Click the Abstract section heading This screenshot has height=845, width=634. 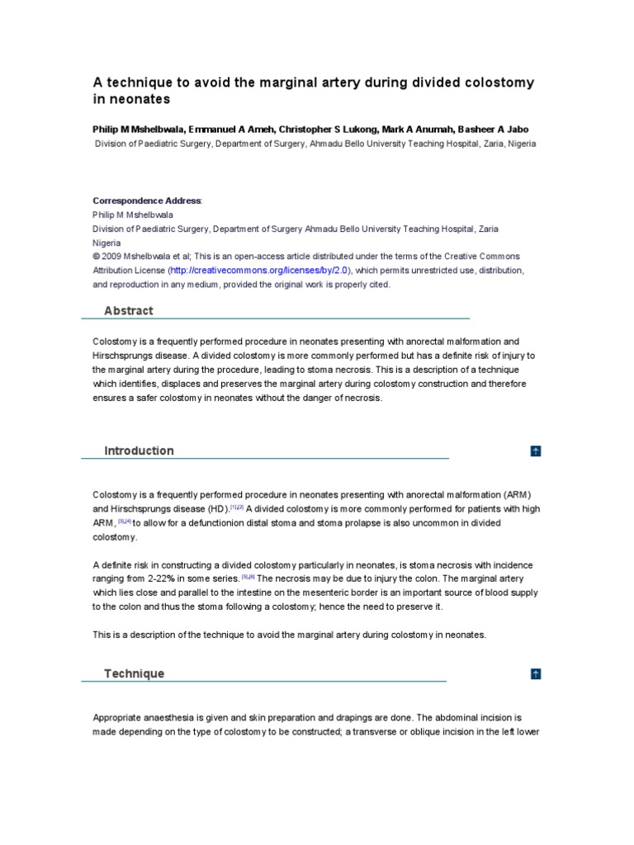tap(128, 311)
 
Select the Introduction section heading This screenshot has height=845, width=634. tap(139, 451)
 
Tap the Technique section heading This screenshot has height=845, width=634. tap(134, 673)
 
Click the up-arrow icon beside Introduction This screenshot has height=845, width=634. tap(536, 451)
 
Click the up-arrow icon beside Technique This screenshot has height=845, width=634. tap(536, 674)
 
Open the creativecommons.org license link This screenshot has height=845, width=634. tap(260, 271)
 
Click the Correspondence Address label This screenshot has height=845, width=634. tap(146, 201)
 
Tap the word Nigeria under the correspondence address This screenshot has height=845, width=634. tap(106, 243)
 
